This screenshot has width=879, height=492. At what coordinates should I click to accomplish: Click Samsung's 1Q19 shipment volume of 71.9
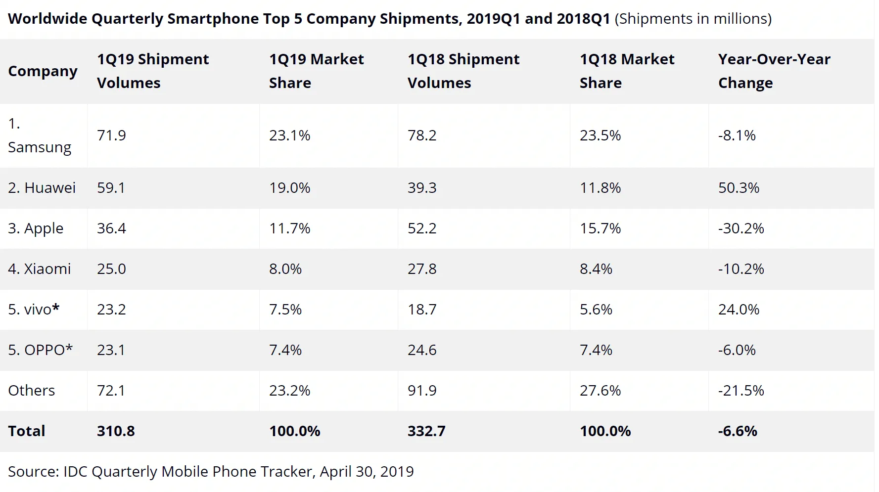pos(111,135)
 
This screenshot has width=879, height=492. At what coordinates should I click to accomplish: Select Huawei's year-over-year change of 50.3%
pos(739,188)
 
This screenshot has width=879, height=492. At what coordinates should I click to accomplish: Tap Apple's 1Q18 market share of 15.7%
pos(600,228)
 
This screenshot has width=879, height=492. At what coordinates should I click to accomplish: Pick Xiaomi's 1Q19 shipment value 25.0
pos(111,269)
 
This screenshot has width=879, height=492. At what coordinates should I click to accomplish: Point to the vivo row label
pos(34,310)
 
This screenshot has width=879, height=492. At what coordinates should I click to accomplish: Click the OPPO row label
pos(40,350)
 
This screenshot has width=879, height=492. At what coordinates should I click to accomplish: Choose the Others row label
pos(31,391)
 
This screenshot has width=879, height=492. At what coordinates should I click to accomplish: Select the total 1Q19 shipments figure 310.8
pos(116,431)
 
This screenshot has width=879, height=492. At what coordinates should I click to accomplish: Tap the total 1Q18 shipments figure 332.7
pos(426,431)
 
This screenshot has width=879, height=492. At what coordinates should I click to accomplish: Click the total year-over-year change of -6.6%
pos(738,431)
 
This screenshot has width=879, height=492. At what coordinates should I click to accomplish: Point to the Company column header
pos(43,71)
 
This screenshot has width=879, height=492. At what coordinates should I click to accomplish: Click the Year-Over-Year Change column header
pos(774,71)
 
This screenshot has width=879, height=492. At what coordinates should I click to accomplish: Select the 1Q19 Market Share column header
pos(316,71)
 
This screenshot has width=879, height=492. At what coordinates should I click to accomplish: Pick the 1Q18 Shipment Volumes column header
pos(463,71)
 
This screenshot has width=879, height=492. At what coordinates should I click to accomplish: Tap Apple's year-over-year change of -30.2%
pos(741,228)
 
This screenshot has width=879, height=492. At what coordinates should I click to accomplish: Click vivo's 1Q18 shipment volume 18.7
pos(422,310)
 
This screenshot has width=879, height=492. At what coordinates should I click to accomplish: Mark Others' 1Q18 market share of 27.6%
pos(600,391)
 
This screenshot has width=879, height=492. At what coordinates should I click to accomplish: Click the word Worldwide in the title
pos(47,19)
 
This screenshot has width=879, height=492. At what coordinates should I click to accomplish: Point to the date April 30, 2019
pos(367,472)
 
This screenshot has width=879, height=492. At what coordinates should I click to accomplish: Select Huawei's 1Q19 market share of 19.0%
pos(289,188)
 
